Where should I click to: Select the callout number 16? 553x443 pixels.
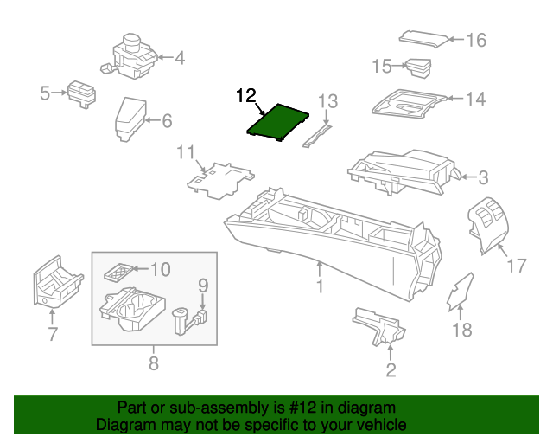[x=476, y=40]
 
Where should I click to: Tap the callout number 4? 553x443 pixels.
[x=179, y=59]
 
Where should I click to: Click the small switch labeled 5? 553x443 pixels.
[x=83, y=93]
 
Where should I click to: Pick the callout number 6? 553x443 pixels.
[x=167, y=121]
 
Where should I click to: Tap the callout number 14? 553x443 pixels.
[x=475, y=100]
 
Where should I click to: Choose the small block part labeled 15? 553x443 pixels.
[x=419, y=67]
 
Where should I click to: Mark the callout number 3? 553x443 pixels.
[x=482, y=178]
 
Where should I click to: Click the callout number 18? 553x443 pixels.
[x=463, y=329]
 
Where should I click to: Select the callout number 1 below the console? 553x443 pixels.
[x=319, y=286]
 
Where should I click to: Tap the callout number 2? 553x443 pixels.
[x=391, y=370]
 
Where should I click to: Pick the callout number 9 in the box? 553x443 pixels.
[x=203, y=284]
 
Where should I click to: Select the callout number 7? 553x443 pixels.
[x=52, y=334]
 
